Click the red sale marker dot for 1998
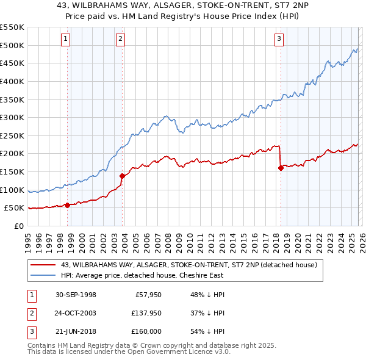67,205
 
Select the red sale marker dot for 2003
122,176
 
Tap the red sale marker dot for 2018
281,168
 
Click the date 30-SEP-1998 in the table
76,295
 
